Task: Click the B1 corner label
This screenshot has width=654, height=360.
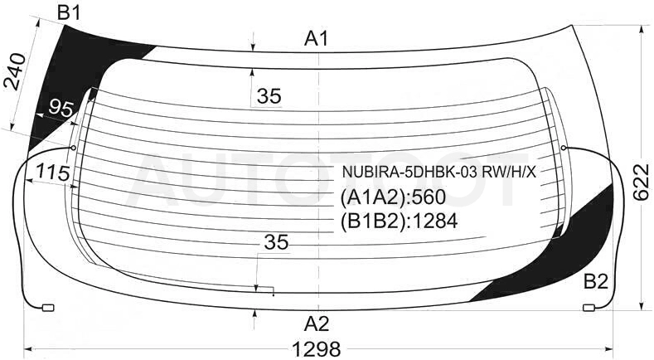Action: pos(69,13)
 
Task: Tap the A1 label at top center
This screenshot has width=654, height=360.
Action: pos(316,39)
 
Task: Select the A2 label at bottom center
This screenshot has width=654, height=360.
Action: pos(317,324)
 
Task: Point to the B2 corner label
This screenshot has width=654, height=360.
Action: pos(596,282)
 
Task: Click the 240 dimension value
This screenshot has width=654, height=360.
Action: pos(15,72)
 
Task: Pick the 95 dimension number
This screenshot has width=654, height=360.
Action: pos(61,109)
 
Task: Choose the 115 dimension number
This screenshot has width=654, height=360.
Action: pos(52,172)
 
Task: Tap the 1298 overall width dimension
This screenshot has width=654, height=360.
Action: pos(317,348)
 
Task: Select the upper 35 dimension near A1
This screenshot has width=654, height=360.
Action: pos(269,96)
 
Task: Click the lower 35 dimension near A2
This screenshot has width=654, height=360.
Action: pos(276,242)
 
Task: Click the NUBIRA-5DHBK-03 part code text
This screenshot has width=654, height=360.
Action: pos(438,172)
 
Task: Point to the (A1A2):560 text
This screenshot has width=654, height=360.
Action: pos(394,197)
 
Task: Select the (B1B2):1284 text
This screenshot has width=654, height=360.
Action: pos(400,221)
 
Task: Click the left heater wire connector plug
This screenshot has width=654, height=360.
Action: pos(48,308)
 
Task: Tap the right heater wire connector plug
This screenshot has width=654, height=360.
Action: pos(589,308)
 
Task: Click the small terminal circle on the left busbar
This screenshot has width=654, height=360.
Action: pos(74,148)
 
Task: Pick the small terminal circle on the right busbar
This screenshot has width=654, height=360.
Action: pos(564,148)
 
